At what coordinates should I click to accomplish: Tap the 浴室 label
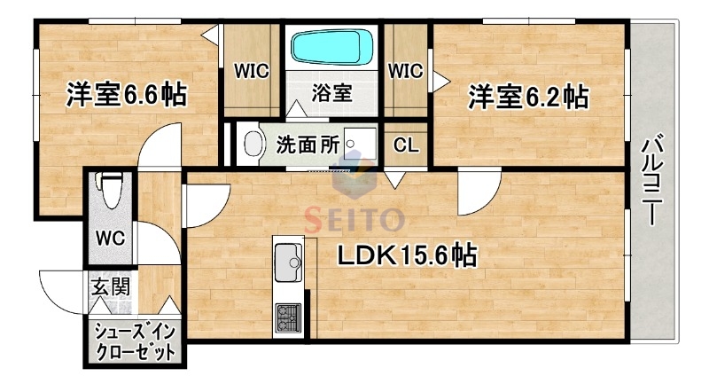332,91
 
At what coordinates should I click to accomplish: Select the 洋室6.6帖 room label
125,95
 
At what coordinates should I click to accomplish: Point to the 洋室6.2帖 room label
528,96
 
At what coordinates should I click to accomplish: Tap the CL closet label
406,145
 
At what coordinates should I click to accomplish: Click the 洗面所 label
307,144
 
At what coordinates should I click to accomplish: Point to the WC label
110,239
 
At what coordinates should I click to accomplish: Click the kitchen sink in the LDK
289,261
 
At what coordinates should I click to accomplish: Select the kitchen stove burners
289,316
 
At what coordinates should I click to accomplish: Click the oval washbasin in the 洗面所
253,145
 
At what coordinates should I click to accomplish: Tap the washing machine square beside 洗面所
360,144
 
